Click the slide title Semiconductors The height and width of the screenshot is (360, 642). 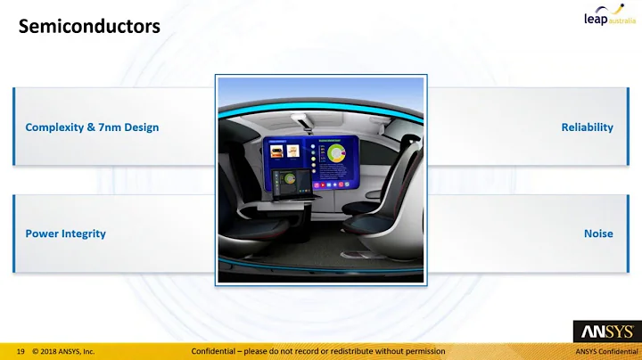click(x=89, y=28)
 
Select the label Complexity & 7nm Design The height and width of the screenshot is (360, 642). click(x=92, y=127)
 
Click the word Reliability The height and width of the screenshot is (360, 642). click(x=587, y=127)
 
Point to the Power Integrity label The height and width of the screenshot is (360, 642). click(x=65, y=233)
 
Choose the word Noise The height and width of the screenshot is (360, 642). click(x=598, y=233)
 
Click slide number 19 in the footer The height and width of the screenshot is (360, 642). click(x=20, y=351)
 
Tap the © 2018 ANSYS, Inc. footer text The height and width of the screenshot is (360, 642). click(x=63, y=351)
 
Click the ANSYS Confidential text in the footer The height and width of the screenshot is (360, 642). click(x=606, y=351)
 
